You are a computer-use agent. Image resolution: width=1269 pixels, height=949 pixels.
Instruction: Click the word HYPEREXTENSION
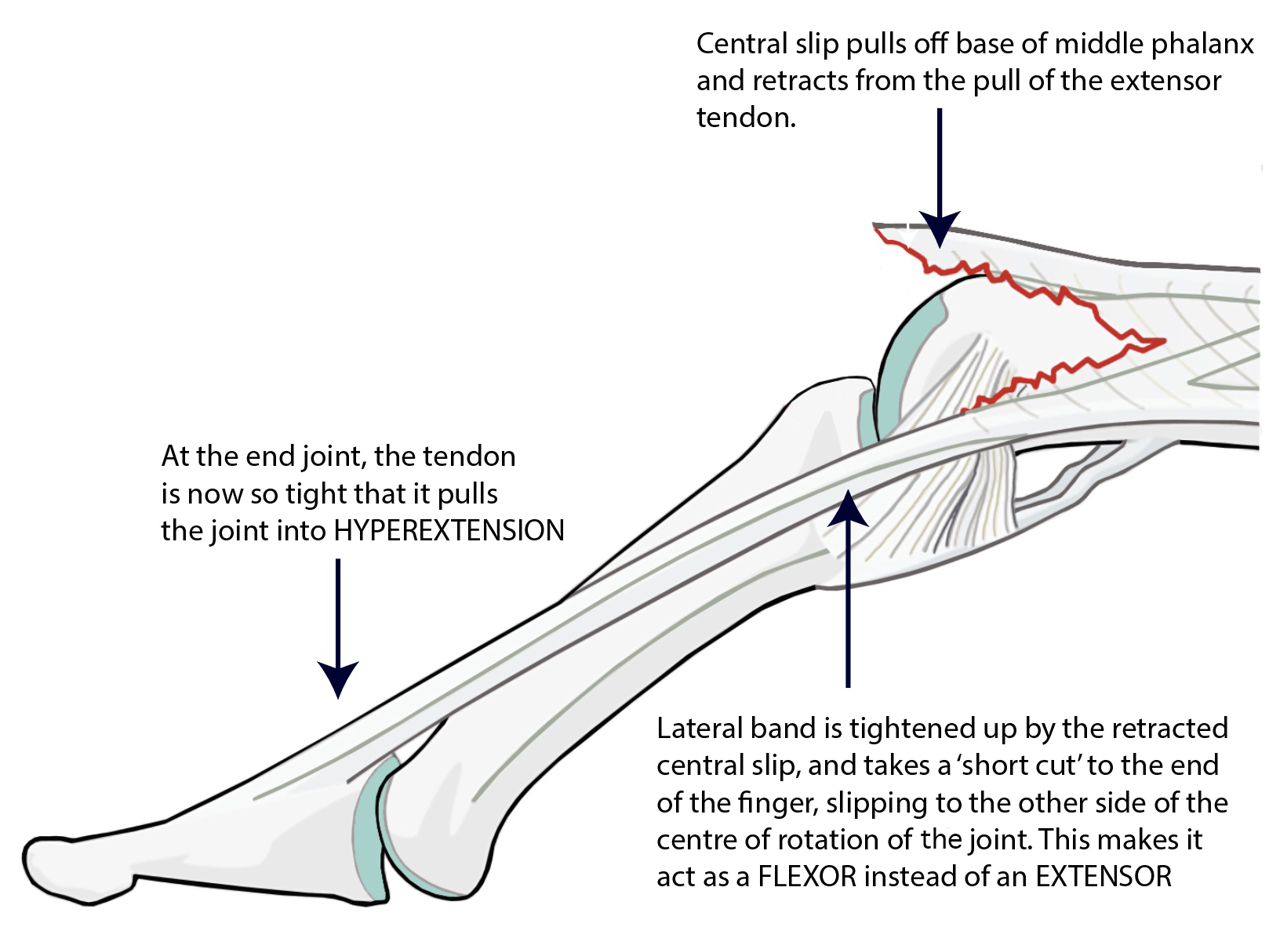coord(449,531)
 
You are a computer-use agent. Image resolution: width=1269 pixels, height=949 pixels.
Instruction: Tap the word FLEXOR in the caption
coord(806,876)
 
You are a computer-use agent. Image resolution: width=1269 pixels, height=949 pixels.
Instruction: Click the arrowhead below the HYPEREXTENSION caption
coord(338,678)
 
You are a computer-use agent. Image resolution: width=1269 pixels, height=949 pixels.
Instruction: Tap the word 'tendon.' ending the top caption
coord(746,118)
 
